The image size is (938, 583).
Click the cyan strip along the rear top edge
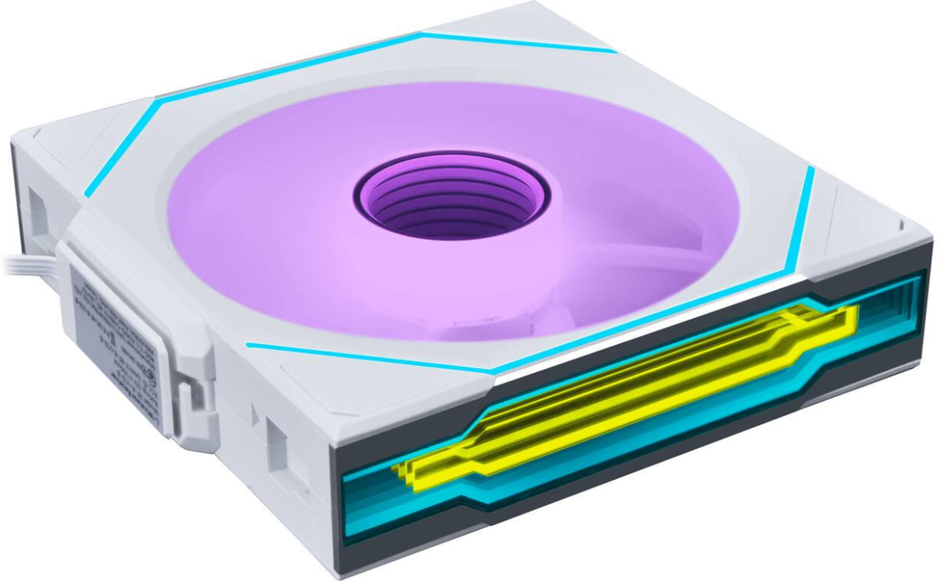[x=516, y=41]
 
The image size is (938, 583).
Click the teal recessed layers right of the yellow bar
[x=891, y=305]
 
